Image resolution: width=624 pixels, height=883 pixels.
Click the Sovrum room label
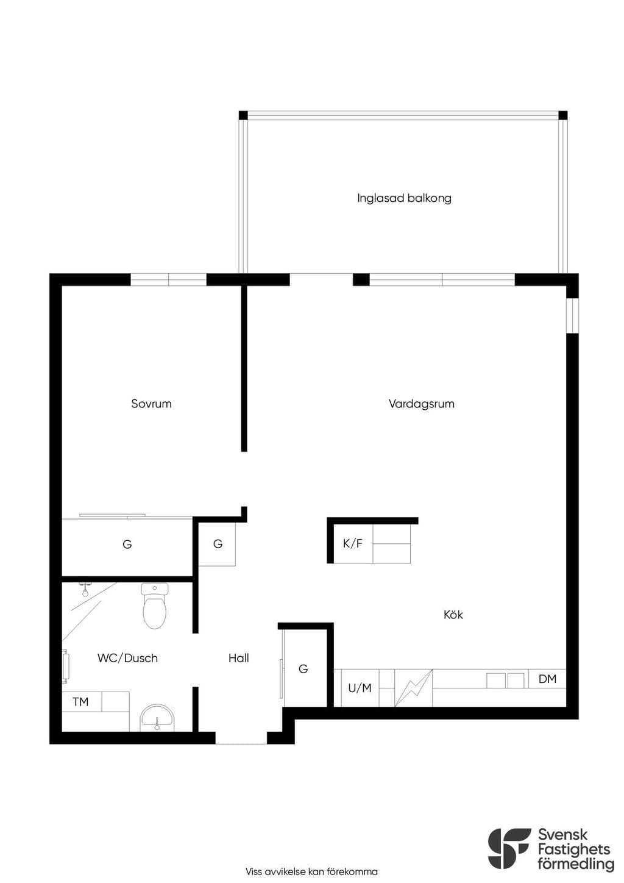pos(151,404)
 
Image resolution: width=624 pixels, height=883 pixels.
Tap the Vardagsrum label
pos(421,404)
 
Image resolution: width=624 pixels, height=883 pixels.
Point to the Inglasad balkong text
pos(404,198)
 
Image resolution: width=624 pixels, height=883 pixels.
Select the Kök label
pos(453,615)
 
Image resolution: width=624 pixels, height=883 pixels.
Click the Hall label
pos(238,658)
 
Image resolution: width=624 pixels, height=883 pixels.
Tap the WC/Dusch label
pos(127,658)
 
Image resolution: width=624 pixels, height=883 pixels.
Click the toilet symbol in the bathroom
pos(154,606)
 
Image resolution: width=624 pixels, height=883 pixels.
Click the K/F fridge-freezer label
pos(353,543)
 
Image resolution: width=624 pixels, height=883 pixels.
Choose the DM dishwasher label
pos(547,679)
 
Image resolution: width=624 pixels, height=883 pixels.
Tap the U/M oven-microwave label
pos(360,688)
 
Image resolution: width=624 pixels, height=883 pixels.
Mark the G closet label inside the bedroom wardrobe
pos(127,545)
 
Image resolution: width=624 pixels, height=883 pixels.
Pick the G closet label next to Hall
pos(303,668)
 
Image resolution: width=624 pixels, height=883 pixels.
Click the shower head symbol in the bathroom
pos(84,589)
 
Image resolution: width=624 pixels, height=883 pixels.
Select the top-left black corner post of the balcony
pos(244,115)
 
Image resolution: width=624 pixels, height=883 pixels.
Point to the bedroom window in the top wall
pos(169,279)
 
